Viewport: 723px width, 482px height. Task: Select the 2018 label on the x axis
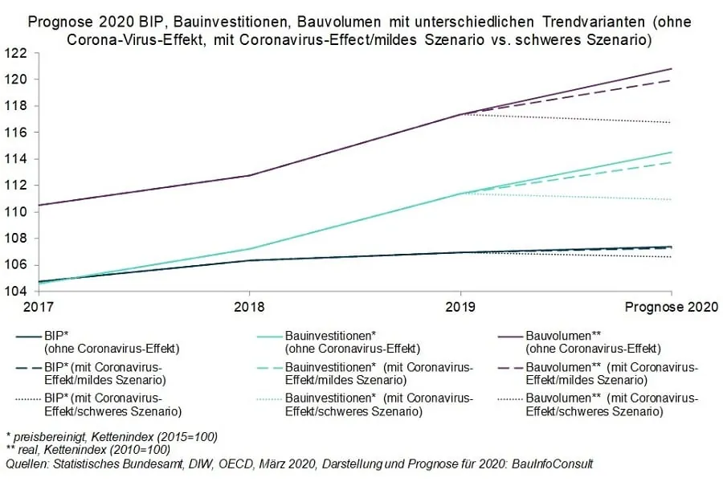pos(249,306)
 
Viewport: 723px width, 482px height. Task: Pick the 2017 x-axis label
pos(38,306)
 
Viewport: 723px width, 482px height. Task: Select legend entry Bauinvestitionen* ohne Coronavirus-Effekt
pos(353,341)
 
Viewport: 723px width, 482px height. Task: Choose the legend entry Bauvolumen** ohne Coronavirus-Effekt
pos(592,341)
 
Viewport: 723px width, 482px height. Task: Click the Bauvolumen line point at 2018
pos(249,175)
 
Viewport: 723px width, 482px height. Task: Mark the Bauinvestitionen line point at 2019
pos(460,194)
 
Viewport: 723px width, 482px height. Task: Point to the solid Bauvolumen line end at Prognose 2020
pos(672,69)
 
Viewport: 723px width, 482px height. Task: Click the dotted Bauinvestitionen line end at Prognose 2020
pos(672,199)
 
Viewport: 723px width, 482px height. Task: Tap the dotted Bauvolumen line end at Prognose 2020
pos(672,122)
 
